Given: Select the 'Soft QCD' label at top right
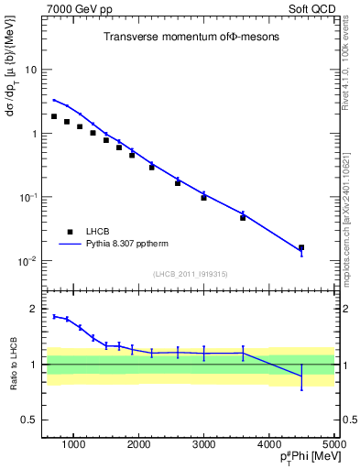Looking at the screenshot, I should click(x=310, y=8).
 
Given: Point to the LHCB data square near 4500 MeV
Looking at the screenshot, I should click(x=301, y=247).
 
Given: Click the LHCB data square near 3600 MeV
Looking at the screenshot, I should click(x=243, y=217).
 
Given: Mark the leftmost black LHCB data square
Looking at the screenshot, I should click(x=54, y=116).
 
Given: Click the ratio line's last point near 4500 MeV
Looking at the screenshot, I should click(x=301, y=376).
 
